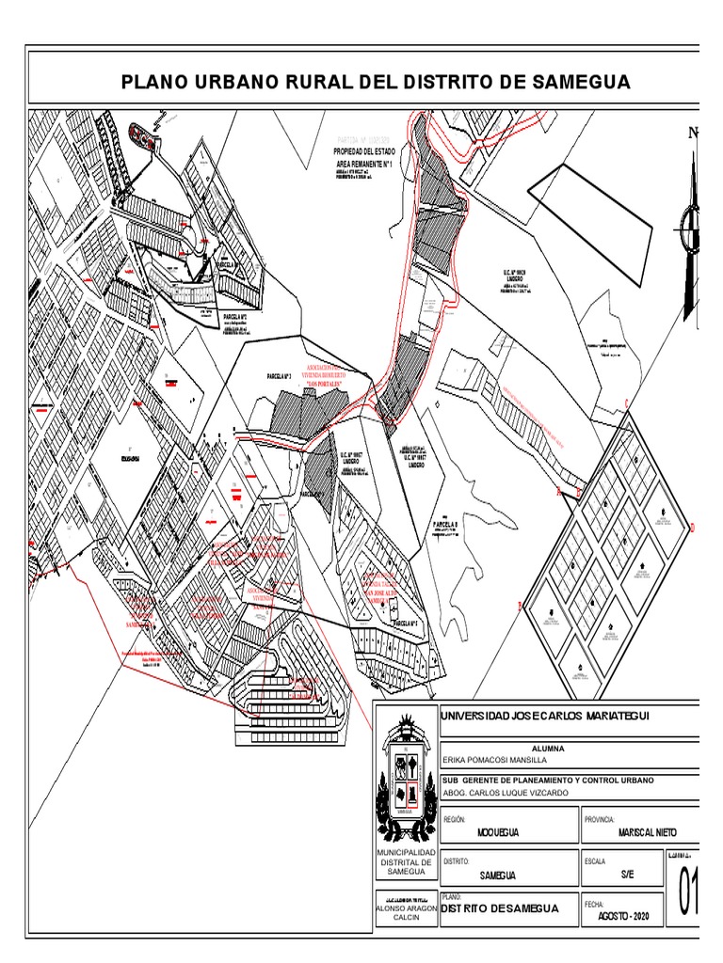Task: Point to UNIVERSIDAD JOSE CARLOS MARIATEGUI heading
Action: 546,717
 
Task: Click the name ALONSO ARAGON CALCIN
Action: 407,913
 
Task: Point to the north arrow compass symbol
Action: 693,226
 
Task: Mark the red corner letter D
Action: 692,528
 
